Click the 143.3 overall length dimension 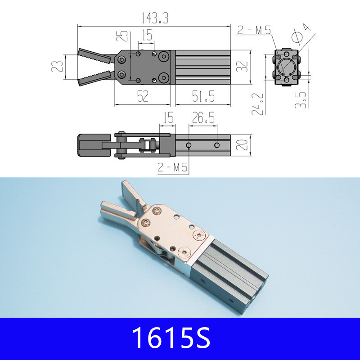pyautogui.click(x=152, y=18)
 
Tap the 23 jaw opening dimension pyautogui.click(x=57, y=67)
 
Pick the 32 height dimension pyautogui.click(x=243, y=67)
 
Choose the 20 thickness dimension pyautogui.click(x=243, y=145)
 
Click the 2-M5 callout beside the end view pyautogui.click(x=254, y=31)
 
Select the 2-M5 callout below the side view pyautogui.click(x=172, y=168)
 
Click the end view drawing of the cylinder pyautogui.click(x=287, y=67)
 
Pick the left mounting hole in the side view pyautogui.click(x=189, y=145)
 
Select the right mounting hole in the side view pyautogui.click(x=217, y=145)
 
